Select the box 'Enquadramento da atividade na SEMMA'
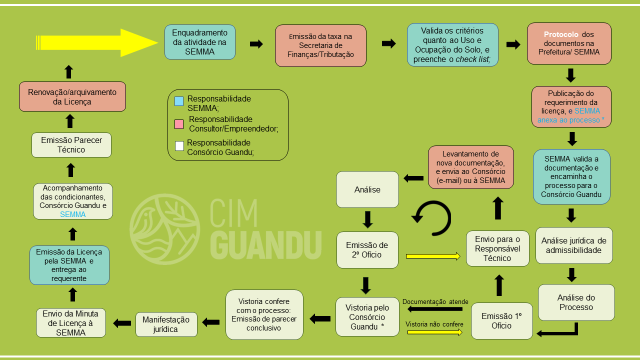tap(200, 42)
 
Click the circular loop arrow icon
tap(431, 217)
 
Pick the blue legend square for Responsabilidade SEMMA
tap(179, 101)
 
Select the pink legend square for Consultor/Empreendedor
tap(179, 124)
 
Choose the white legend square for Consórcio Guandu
tap(179, 146)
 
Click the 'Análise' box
tap(367, 189)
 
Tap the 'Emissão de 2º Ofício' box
tap(367, 250)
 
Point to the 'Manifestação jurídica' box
tap(166, 324)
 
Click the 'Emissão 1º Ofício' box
tap(501, 321)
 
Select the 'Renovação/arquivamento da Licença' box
tap(72, 96)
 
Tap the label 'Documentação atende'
tap(435, 301)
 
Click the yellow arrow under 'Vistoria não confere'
tap(435, 332)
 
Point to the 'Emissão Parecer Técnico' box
tap(71, 145)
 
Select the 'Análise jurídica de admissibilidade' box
tap(574, 245)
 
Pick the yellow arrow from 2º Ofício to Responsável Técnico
tap(433, 256)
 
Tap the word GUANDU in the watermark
tap(265, 244)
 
